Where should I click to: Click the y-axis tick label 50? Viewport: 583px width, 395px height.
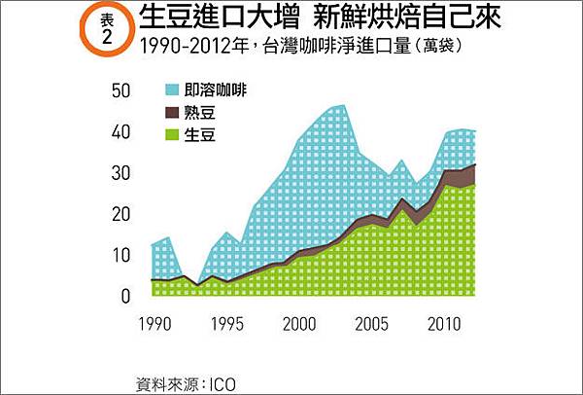[121, 91]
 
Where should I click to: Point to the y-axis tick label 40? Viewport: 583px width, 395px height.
[121, 132]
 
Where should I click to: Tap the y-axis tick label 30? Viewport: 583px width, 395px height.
[121, 174]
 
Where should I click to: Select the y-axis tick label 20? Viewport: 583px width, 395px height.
[121, 215]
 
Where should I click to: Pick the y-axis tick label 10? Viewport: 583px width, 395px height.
[121, 256]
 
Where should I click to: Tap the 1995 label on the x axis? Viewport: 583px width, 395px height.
[226, 321]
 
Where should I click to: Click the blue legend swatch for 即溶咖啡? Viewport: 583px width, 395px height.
[174, 90]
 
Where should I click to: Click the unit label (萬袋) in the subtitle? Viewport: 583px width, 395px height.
[450, 45]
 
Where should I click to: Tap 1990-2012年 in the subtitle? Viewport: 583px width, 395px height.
[189, 45]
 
